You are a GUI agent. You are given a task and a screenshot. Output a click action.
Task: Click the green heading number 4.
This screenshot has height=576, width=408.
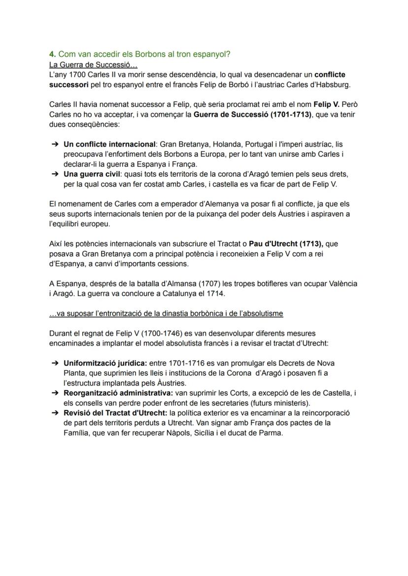(52, 54)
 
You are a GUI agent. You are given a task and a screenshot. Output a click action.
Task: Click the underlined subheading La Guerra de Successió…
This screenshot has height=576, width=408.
(94, 64)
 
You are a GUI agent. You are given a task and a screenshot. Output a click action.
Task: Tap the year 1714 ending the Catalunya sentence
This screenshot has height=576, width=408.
(216, 294)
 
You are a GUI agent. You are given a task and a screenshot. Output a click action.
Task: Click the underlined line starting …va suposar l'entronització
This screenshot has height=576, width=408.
(166, 313)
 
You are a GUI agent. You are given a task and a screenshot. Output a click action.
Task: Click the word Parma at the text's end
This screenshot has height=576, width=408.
(272, 433)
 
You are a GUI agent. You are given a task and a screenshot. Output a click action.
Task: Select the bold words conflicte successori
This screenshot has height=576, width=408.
(330, 75)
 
